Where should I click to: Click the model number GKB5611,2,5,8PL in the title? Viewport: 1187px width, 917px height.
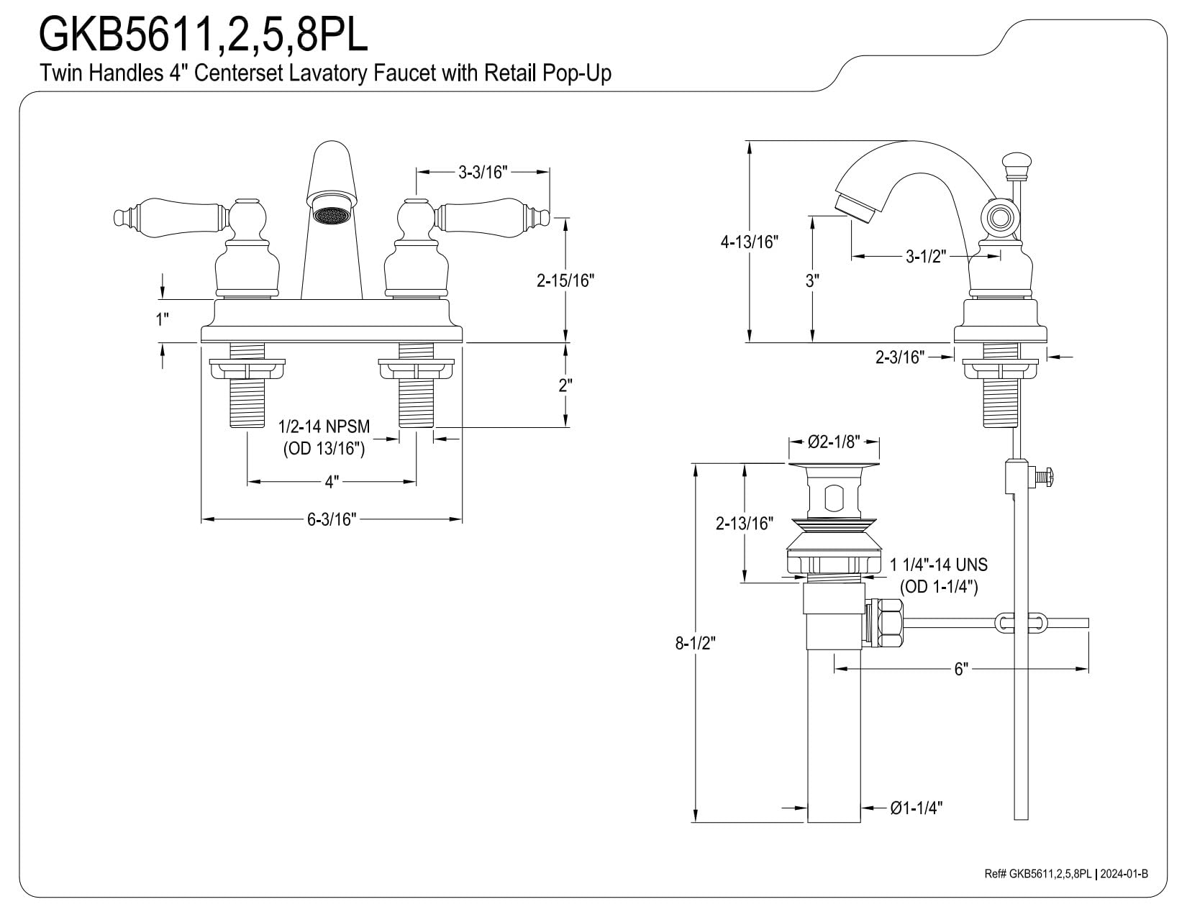click(x=203, y=35)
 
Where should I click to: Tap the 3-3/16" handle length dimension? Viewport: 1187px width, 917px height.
click(x=482, y=173)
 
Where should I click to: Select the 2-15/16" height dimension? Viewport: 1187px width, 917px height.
click(x=565, y=280)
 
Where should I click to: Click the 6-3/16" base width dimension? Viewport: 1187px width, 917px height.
click(x=332, y=519)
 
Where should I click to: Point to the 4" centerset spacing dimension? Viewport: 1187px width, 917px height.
click(x=332, y=483)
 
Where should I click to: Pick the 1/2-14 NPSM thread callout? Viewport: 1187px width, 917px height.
click(x=324, y=426)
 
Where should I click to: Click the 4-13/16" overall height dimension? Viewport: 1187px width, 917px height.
click(x=749, y=242)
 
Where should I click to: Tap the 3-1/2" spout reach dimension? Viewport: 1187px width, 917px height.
click(x=926, y=256)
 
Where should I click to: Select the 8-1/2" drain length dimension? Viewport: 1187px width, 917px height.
click(x=695, y=644)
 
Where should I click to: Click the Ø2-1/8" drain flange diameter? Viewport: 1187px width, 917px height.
click(x=834, y=442)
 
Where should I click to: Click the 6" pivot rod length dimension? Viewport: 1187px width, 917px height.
click(x=961, y=669)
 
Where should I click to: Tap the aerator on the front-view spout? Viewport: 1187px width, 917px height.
click(x=332, y=213)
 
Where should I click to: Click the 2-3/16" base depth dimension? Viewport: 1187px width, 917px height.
click(x=900, y=357)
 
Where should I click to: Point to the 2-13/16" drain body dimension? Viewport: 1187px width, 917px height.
click(x=745, y=523)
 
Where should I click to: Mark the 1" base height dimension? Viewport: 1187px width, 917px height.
click(x=163, y=319)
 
